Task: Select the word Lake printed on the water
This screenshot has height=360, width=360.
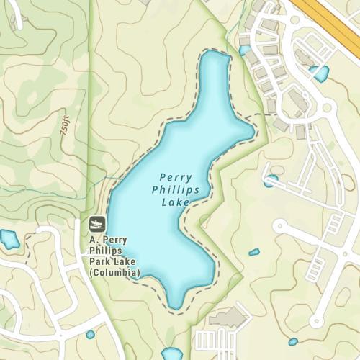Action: tap(176, 203)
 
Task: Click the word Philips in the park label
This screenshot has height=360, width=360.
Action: tap(107, 251)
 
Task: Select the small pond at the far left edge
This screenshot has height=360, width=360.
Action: tap(9, 239)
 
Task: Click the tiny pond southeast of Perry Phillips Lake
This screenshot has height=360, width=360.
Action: tap(254, 252)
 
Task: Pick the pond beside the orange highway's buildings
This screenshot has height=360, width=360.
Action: tap(319, 73)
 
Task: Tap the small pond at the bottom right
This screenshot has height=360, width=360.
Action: tap(292, 342)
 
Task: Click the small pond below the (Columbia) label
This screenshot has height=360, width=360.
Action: tap(90, 335)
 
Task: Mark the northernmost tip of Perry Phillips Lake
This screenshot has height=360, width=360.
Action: tap(215, 53)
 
